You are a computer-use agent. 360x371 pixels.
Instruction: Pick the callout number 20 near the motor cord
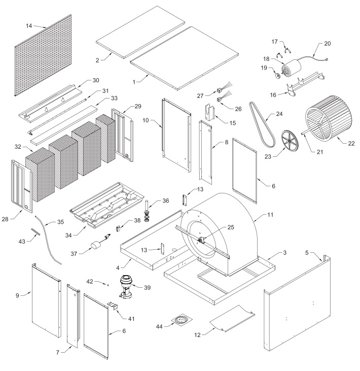point(327,44)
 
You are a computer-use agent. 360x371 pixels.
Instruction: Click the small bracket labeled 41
point(113,306)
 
